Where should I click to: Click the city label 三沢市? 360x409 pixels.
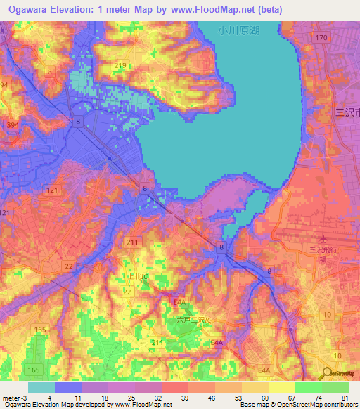(x=347, y=112)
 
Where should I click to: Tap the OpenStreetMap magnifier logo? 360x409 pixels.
(x=327, y=374)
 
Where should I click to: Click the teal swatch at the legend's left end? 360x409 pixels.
(x=41, y=387)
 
